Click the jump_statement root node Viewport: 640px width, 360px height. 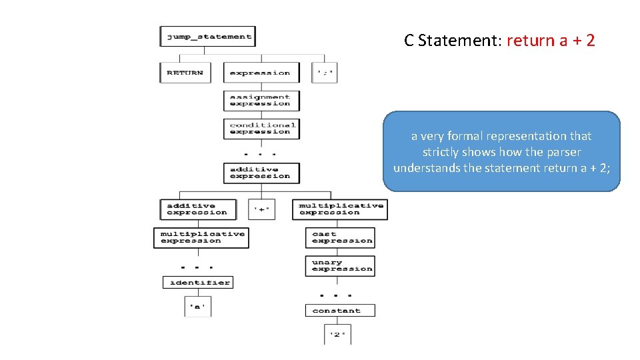pos(207,37)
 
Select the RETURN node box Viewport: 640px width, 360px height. pos(185,73)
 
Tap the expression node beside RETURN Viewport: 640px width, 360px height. pos(261,73)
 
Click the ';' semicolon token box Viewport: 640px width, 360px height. pos(325,73)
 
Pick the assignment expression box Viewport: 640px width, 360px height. pos(261,101)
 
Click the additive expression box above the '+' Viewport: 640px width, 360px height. pos(261,173)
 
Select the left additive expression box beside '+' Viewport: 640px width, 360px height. pos(197,209)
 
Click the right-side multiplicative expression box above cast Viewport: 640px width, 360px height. pos(340,209)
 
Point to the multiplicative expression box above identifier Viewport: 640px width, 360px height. pos(201,238)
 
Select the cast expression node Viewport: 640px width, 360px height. pos(340,238)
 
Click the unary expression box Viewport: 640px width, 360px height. pos(340,266)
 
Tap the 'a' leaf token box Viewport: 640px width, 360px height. pos(197,307)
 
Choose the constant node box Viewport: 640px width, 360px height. pos(340,311)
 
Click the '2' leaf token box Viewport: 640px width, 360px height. pos(339,334)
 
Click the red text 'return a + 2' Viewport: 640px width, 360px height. pos(551,41)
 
